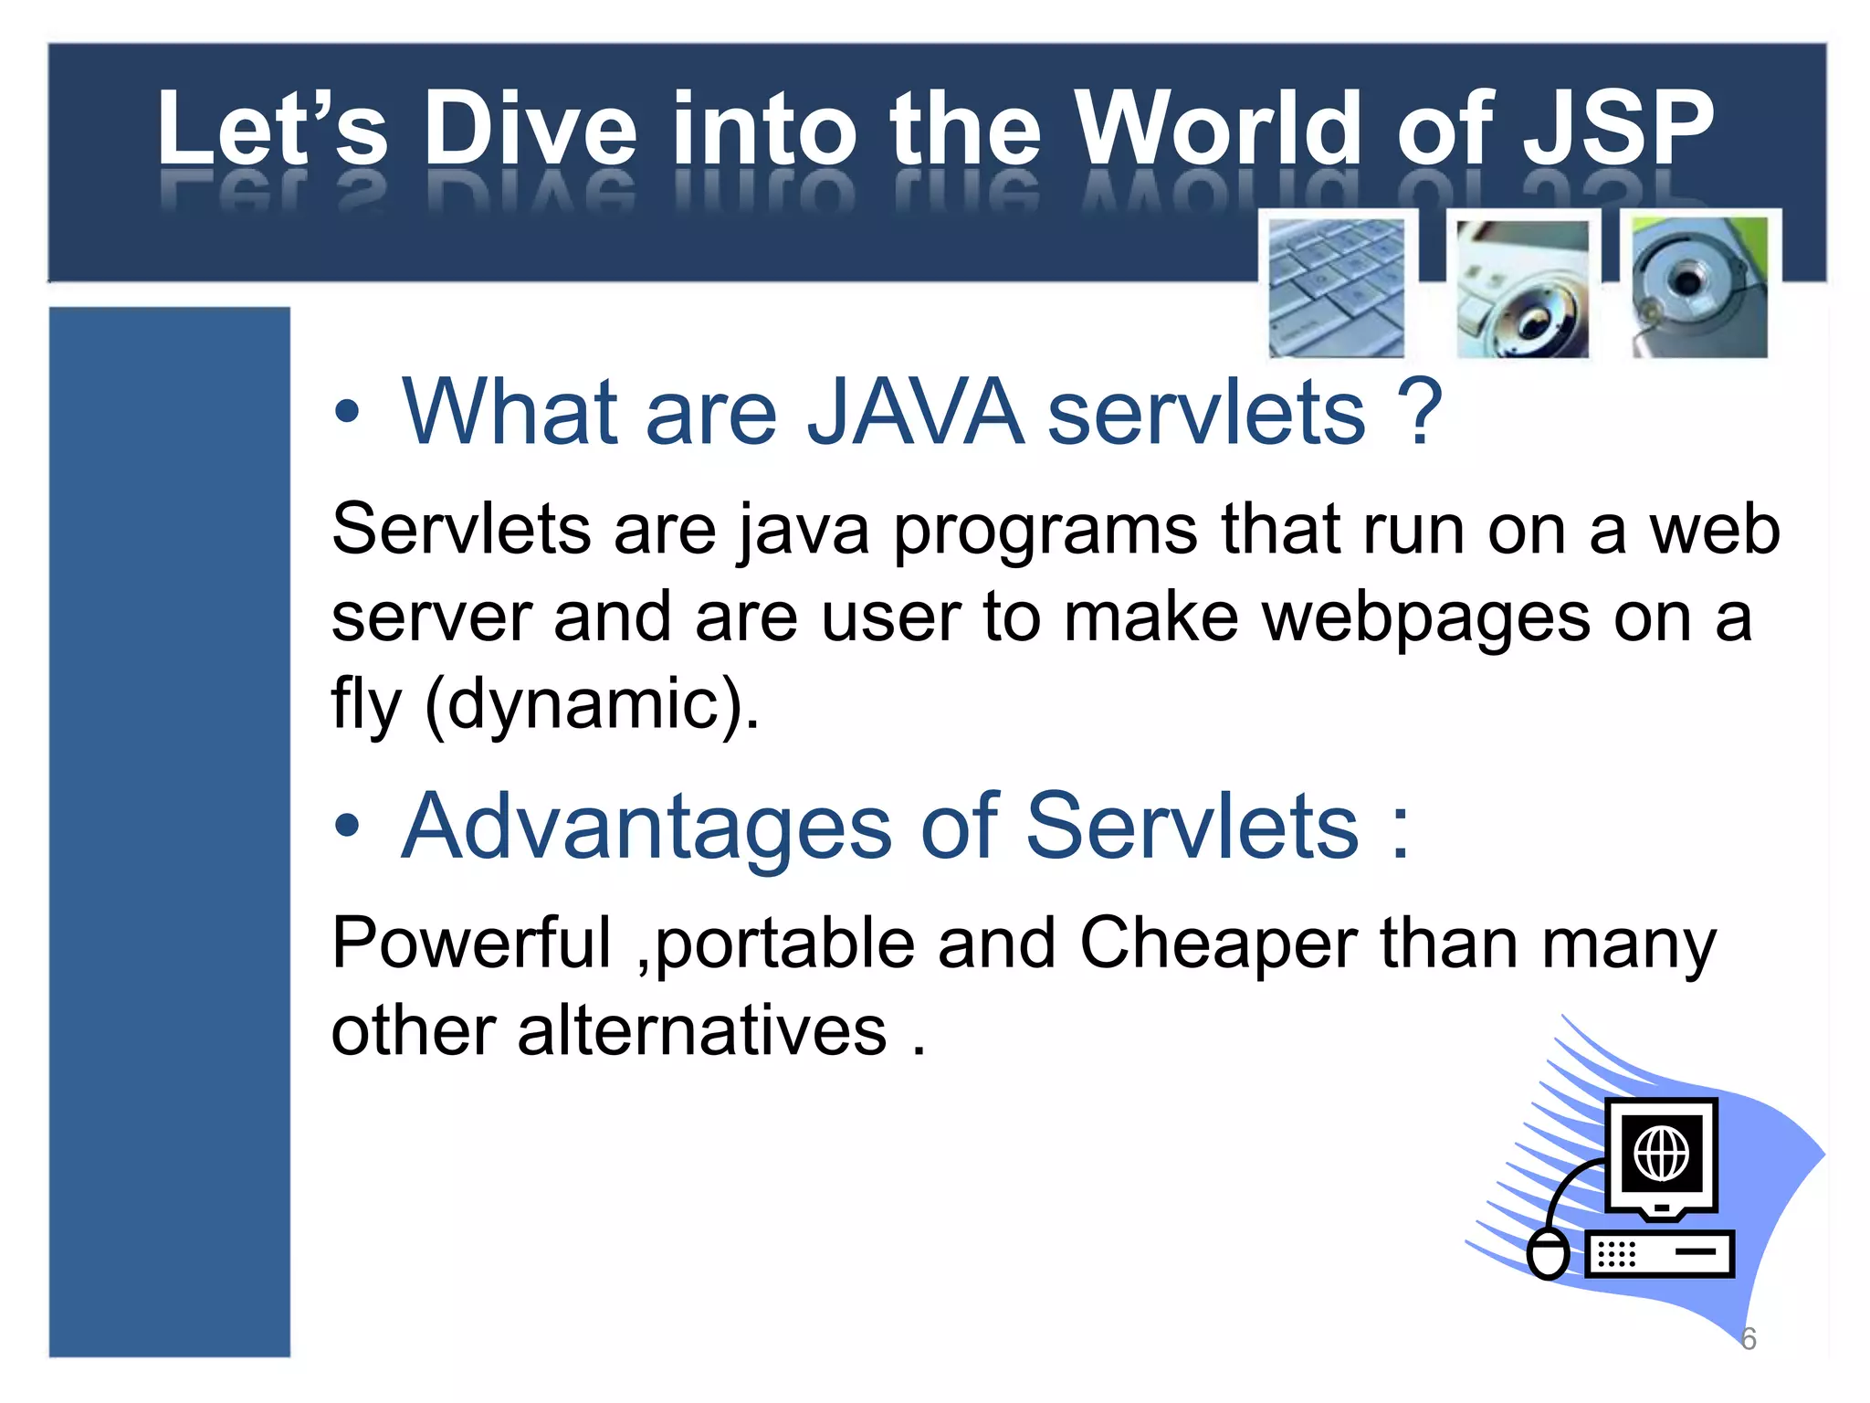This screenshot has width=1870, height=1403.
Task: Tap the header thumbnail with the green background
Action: (1699, 287)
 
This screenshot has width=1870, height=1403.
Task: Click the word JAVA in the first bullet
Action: (915, 413)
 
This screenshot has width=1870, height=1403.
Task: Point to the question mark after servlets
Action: (1420, 413)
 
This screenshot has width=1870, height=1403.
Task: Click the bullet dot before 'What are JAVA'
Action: (347, 413)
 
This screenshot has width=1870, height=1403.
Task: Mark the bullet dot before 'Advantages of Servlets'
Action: (347, 826)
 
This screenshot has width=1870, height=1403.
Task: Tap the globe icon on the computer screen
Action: (1661, 1154)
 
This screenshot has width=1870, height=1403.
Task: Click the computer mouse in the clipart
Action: (1549, 1254)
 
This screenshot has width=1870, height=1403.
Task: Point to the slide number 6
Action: (1748, 1339)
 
